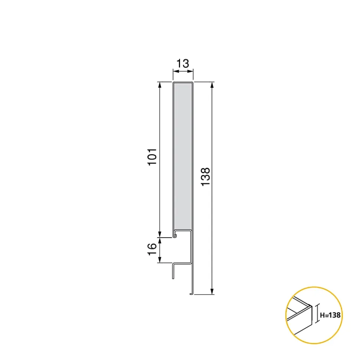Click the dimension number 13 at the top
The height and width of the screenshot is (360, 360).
183,63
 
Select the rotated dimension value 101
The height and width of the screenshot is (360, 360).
154,157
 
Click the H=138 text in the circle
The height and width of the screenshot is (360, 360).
330,315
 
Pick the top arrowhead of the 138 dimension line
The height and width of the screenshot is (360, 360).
212,85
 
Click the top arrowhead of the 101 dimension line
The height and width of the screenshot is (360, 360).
160,85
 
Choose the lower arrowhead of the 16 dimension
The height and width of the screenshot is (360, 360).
160,260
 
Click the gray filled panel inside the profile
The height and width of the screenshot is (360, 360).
183,156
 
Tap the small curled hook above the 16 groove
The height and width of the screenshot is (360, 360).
175,234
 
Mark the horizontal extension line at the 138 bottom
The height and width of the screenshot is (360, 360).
204,295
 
